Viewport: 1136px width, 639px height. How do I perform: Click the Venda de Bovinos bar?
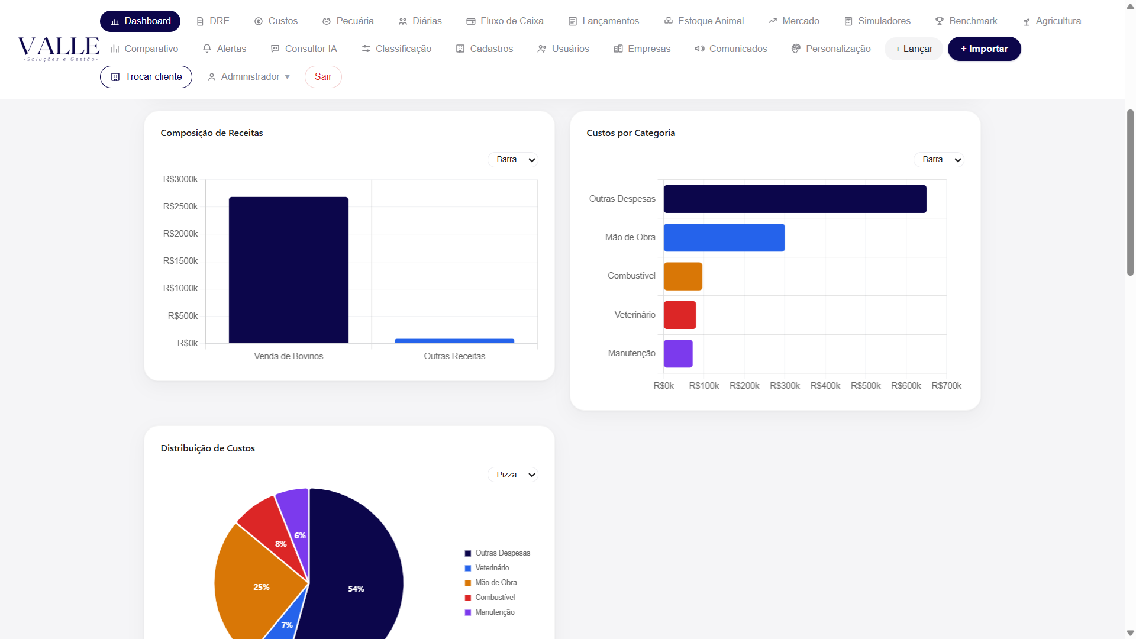coord(289,270)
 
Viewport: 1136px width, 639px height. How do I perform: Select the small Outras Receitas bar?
coord(454,341)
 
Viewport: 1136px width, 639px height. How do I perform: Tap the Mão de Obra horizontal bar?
coord(724,237)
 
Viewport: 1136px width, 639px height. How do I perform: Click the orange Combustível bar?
coord(683,276)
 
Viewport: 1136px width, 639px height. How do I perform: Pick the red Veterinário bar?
coord(680,315)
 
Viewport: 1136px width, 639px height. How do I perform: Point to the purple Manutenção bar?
coord(678,353)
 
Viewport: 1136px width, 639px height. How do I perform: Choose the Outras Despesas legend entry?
coord(498,553)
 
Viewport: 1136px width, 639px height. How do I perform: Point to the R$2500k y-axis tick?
coord(180,206)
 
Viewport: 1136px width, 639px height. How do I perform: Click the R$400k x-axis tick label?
coord(825,386)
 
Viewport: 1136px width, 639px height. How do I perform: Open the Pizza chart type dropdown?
coord(513,475)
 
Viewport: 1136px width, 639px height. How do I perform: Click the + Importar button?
coord(985,49)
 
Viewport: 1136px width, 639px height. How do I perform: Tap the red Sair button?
coord(323,77)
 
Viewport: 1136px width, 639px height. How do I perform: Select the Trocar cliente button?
coord(146,77)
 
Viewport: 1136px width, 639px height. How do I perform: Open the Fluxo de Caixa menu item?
coord(505,21)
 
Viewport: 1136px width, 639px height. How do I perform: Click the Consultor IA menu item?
coord(304,49)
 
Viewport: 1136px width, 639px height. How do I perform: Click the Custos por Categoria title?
coord(631,133)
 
